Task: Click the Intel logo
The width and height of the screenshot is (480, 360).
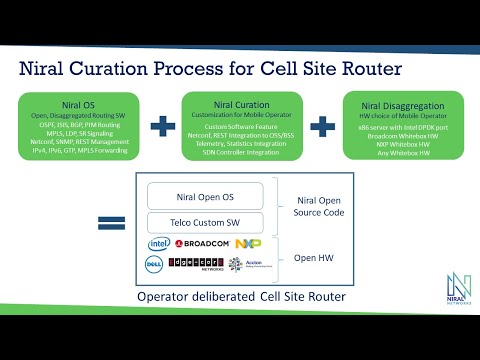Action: [x=159, y=243]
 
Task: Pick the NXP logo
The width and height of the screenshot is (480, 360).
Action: [x=248, y=243]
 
